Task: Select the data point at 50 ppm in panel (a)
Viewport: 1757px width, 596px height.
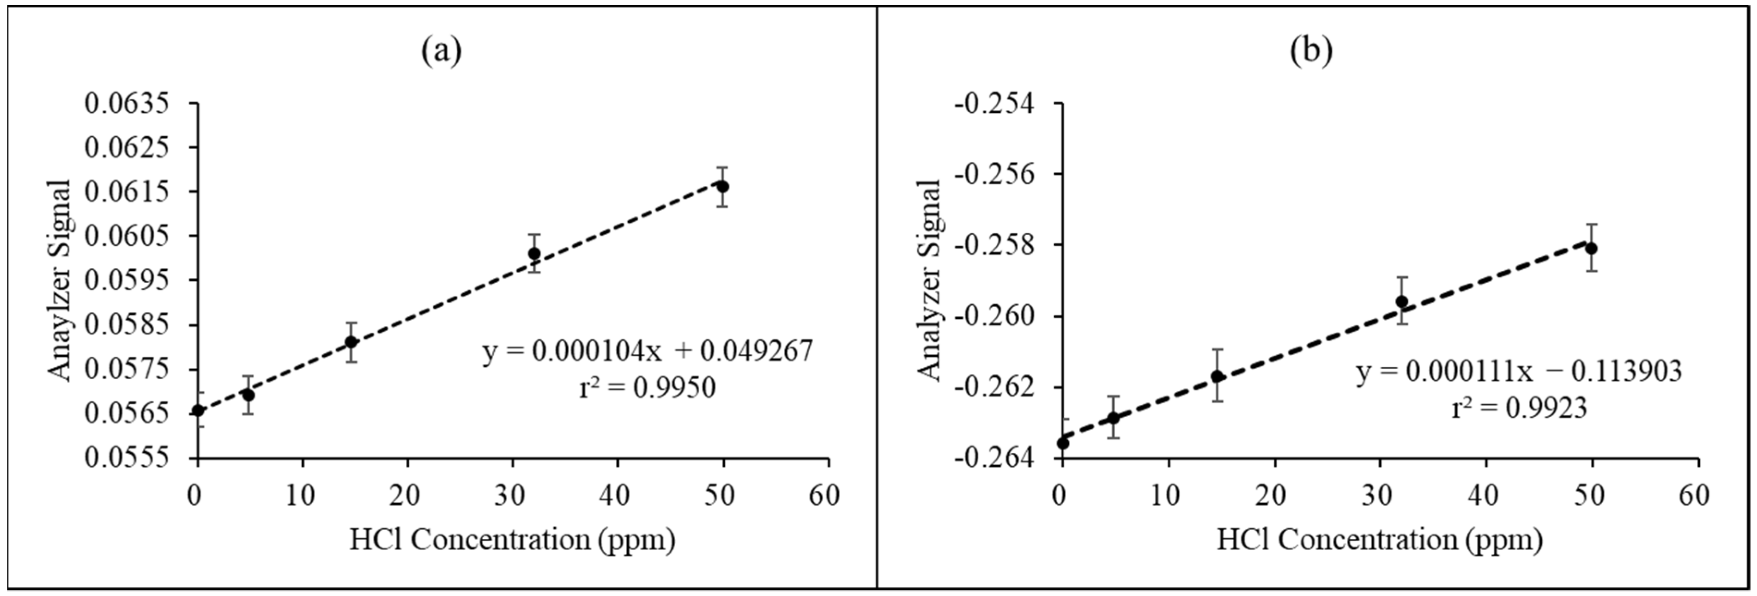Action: pos(722,186)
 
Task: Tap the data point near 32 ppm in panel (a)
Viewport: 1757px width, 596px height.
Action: pos(534,254)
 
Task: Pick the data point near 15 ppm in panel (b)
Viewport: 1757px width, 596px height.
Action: pos(1217,376)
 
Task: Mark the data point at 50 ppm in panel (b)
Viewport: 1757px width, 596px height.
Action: pos(1591,248)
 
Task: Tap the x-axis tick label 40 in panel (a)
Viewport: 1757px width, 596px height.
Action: pos(617,496)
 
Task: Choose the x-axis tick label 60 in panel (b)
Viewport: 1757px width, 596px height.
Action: pos(1694,496)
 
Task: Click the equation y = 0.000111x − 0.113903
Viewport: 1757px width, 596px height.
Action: pos(1518,371)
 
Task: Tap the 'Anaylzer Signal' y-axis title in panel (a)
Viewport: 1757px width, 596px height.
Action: pos(60,280)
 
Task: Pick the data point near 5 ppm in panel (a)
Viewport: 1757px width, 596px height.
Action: pos(248,395)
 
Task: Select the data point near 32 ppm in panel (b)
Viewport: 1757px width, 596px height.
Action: pos(1402,301)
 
